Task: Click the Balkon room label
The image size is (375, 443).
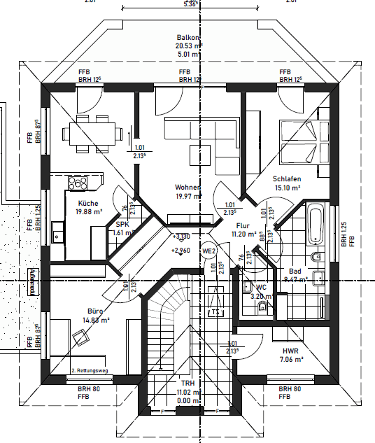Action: coord(188,38)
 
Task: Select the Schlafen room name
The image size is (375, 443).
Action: coord(286,178)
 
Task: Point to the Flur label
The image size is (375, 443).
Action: coord(243,226)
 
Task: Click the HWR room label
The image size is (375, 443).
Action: coord(290,350)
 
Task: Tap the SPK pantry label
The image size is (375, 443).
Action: coord(122,224)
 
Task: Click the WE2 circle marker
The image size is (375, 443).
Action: coord(208,251)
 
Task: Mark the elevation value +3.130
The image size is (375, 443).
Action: coord(181,237)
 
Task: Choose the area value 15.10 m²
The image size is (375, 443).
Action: coord(286,188)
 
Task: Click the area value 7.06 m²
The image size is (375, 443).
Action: coord(290,359)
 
